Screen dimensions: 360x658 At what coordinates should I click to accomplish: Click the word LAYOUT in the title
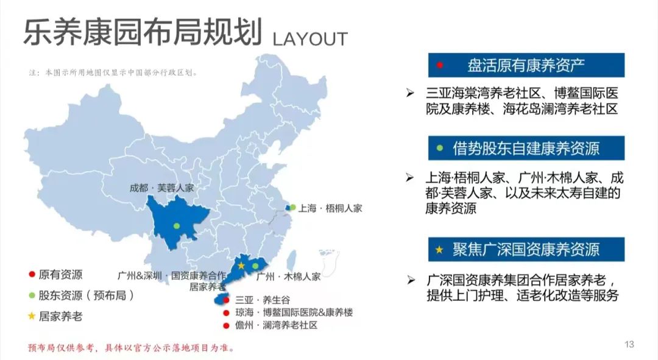coord(310,38)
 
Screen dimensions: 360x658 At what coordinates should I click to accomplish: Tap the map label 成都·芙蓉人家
coord(162,188)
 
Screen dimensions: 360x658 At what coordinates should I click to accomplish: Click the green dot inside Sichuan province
coord(177,226)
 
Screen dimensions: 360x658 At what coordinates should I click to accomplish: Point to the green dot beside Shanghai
coord(292,207)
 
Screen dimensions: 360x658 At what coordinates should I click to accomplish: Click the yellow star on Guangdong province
coord(241,266)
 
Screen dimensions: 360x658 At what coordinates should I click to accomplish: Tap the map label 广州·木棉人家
coord(288,277)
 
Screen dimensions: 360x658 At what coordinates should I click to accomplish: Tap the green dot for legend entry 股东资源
coord(31,295)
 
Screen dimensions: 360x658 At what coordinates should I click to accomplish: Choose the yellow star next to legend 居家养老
coord(31,316)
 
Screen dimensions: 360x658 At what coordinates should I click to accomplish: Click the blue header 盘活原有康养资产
coord(526,65)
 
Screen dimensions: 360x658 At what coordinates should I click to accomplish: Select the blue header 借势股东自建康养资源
coord(526,148)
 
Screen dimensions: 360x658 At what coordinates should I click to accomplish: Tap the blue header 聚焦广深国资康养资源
coord(526,249)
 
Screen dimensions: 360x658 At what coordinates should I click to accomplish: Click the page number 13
coord(629,345)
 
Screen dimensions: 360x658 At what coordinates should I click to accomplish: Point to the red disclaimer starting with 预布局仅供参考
coord(130,348)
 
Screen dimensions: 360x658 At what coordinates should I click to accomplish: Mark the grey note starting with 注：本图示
coord(113,72)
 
